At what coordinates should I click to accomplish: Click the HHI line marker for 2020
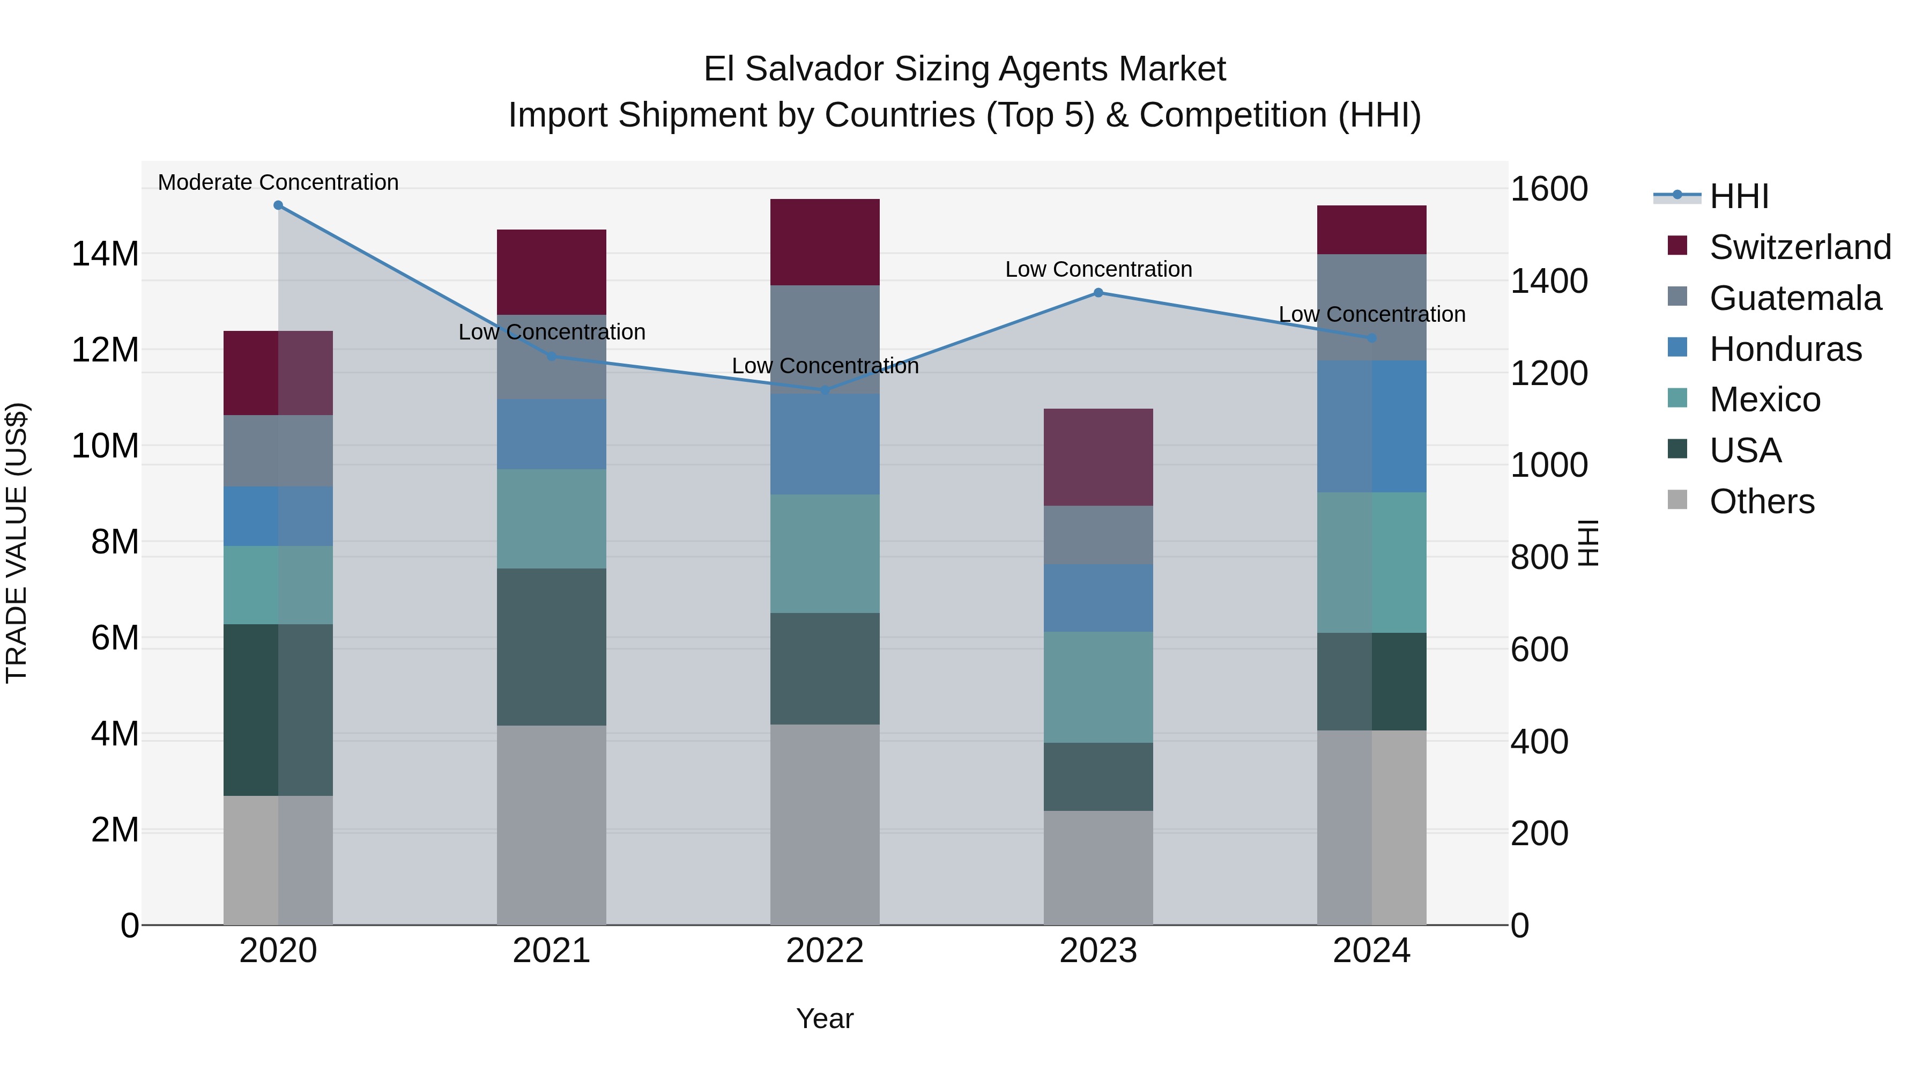pyautogui.click(x=278, y=205)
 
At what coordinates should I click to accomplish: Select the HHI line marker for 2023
pyautogui.click(x=1098, y=293)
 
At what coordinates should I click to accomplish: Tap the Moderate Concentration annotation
pyautogui.click(x=278, y=182)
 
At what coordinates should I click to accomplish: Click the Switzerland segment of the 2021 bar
pyautogui.click(x=552, y=272)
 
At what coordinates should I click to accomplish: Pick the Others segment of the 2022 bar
pyautogui.click(x=825, y=824)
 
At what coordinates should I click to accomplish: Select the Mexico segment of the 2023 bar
pyautogui.click(x=1098, y=688)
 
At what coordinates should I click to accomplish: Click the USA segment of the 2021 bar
pyautogui.click(x=552, y=647)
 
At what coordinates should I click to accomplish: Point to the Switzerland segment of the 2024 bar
pyautogui.click(x=1372, y=230)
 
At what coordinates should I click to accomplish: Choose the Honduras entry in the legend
pyautogui.click(x=1785, y=349)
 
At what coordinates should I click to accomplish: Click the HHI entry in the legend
pyautogui.click(x=1738, y=196)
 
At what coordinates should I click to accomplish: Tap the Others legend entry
pyautogui.click(x=1762, y=501)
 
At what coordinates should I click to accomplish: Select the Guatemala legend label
pyautogui.click(x=1795, y=298)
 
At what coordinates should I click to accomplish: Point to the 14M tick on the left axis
pyautogui.click(x=105, y=254)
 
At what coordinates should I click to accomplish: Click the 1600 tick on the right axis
pyautogui.click(x=1549, y=189)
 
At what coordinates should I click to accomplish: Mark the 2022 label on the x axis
pyautogui.click(x=825, y=951)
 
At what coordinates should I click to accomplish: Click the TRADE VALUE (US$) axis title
pyautogui.click(x=17, y=543)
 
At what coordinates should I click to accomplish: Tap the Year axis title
pyautogui.click(x=825, y=1018)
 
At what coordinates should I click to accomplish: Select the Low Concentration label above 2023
pyautogui.click(x=1098, y=269)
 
